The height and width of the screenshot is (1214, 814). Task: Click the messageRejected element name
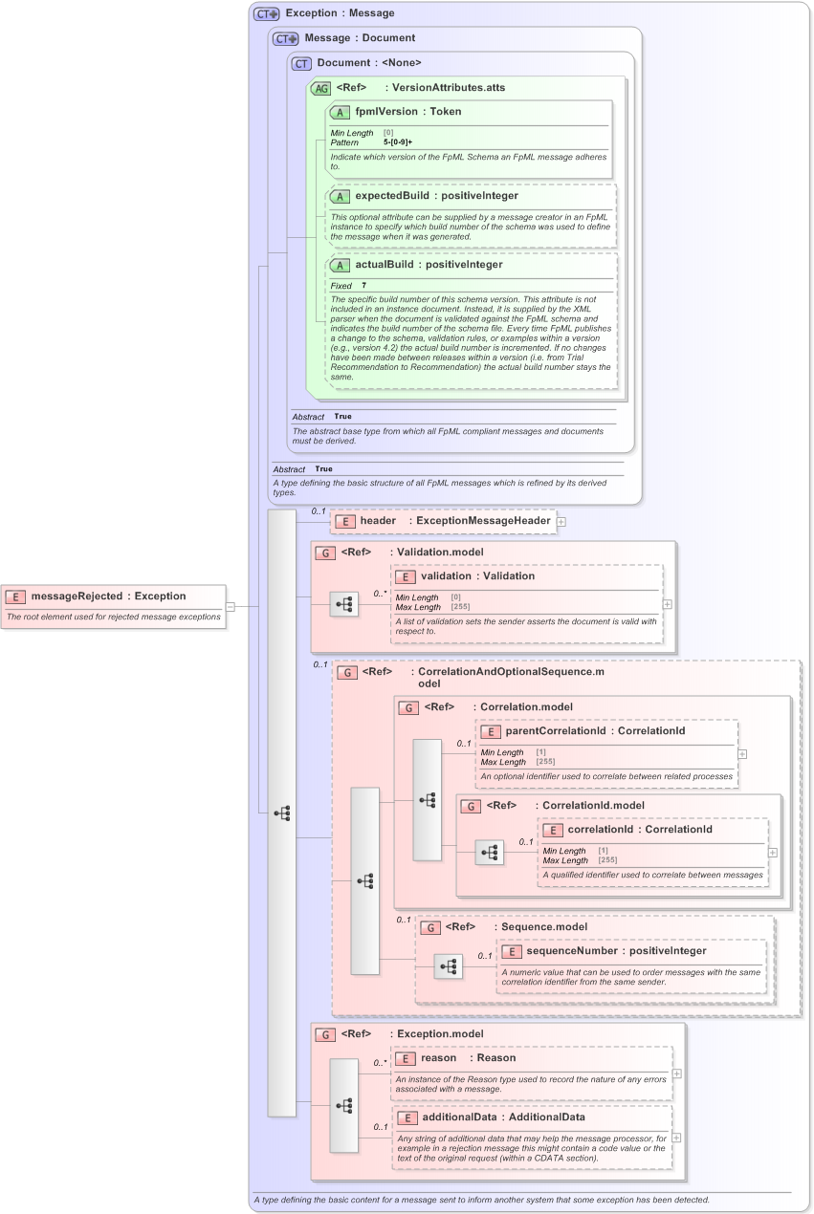pyautogui.click(x=77, y=596)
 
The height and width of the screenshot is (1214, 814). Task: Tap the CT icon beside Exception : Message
pyautogui.click(x=266, y=13)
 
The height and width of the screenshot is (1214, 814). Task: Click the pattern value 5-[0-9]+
pyautogui.click(x=398, y=141)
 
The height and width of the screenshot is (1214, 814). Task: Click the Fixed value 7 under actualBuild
pyautogui.click(x=363, y=286)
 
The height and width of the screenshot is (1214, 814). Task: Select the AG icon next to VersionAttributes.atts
pyautogui.click(x=321, y=88)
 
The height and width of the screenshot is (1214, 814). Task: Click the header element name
pyautogui.click(x=378, y=521)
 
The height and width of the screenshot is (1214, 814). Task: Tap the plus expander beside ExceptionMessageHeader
pyautogui.click(x=561, y=522)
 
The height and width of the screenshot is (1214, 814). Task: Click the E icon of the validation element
pyautogui.click(x=406, y=576)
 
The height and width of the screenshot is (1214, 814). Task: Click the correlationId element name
pyautogui.click(x=601, y=830)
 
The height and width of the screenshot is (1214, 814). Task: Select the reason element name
pyautogui.click(x=438, y=1058)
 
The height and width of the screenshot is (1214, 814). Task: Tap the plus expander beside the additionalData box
pyautogui.click(x=676, y=1138)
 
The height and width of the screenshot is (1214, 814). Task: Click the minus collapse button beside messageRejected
pyautogui.click(x=231, y=605)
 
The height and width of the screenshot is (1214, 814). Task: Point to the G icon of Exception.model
pyautogui.click(x=325, y=1034)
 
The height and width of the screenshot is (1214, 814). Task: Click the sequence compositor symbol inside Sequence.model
pyautogui.click(x=448, y=966)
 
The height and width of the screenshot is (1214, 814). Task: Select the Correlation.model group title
pyautogui.click(x=526, y=707)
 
